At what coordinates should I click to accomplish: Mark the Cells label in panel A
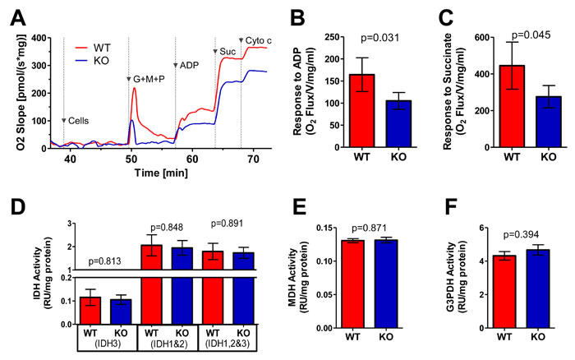click(78, 121)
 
